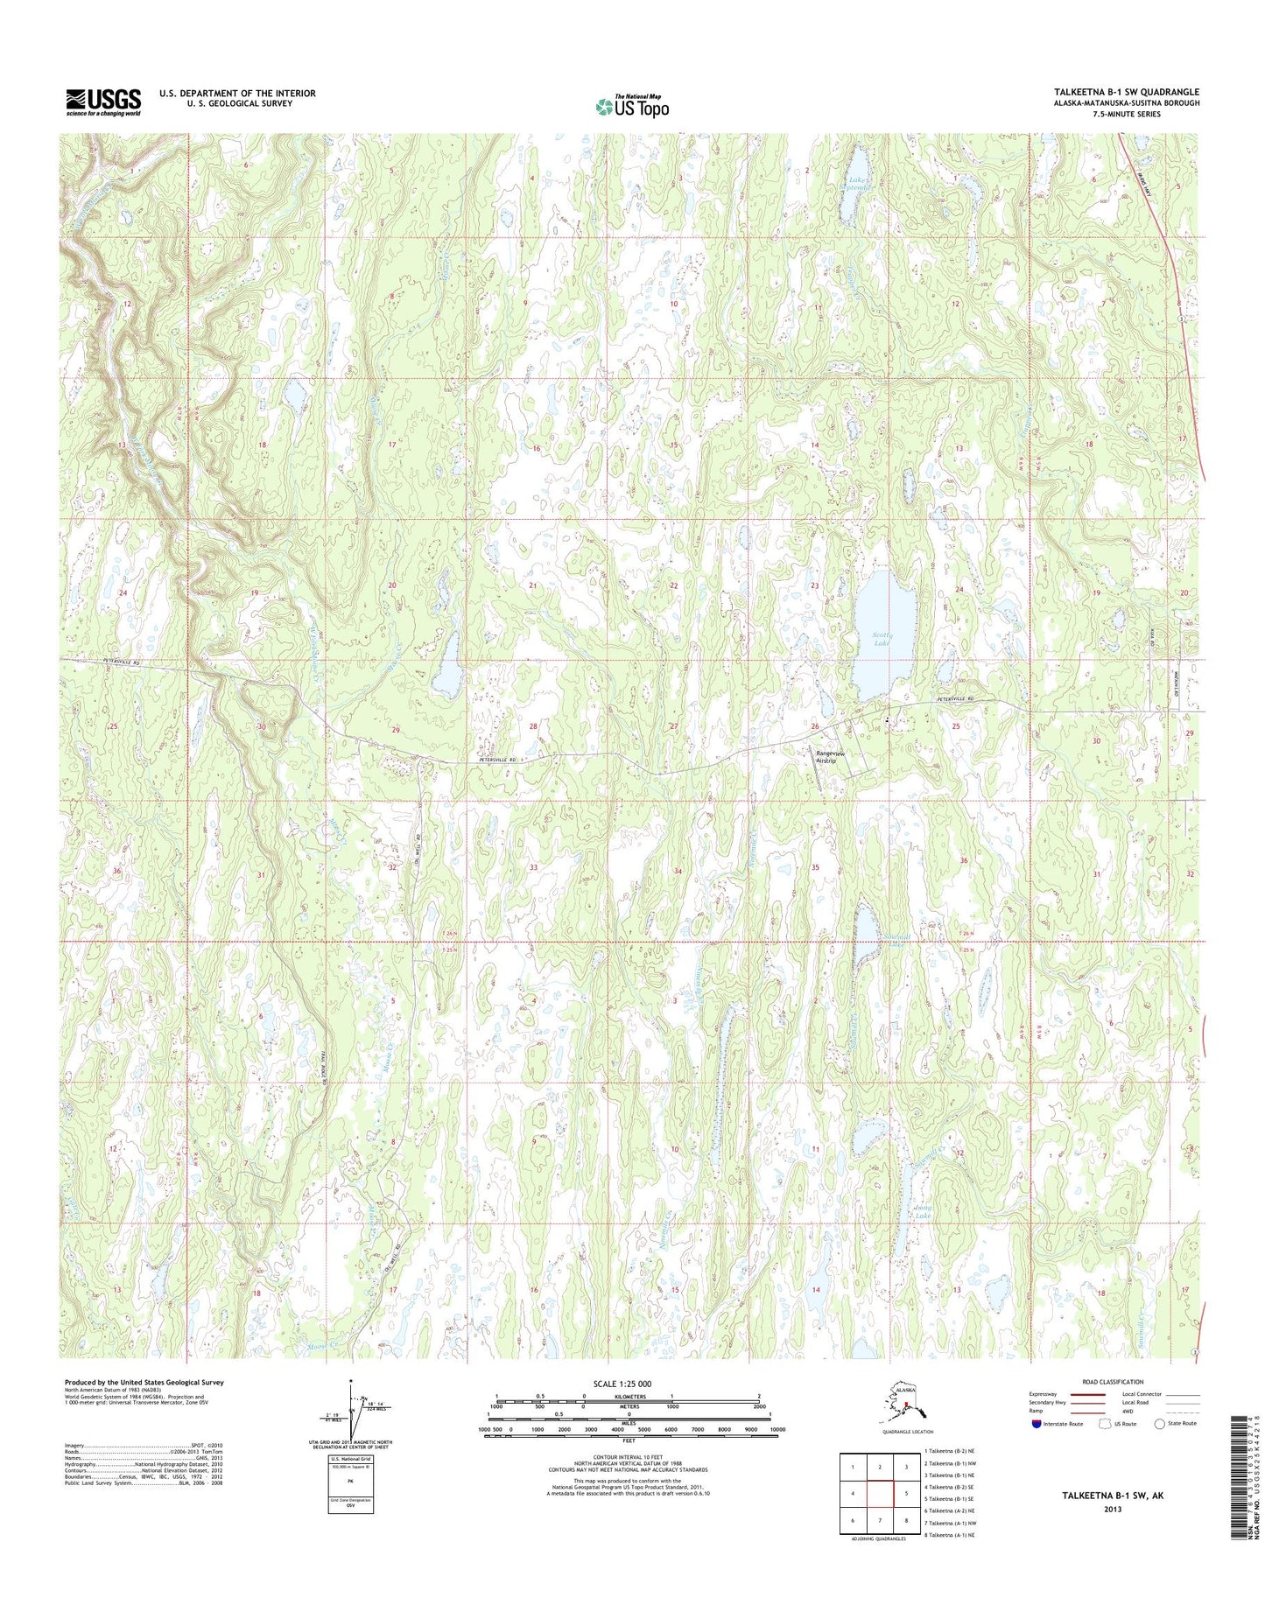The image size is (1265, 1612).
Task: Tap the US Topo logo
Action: pyautogui.click(x=632, y=107)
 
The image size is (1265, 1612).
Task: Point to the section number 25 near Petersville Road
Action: pyautogui.click(x=956, y=726)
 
